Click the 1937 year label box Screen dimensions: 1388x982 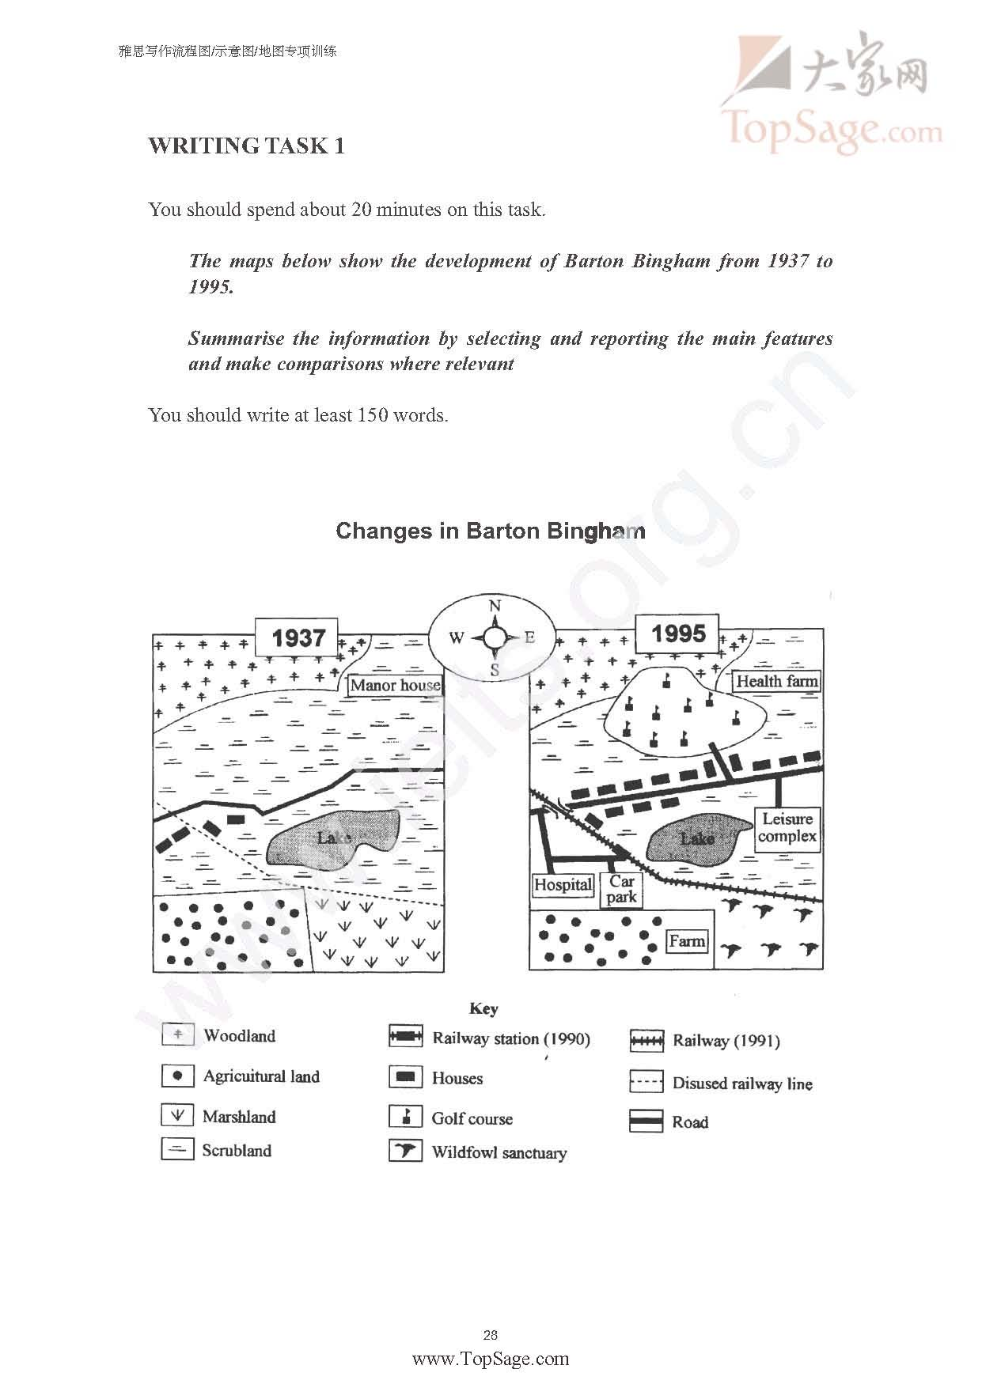click(297, 638)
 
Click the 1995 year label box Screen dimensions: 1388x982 click(679, 633)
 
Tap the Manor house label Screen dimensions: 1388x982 click(395, 685)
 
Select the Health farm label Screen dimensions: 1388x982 click(776, 681)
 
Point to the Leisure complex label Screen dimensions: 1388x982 click(787, 828)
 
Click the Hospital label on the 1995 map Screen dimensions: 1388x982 click(563, 884)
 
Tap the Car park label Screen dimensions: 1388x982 click(622, 889)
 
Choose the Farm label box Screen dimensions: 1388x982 click(686, 941)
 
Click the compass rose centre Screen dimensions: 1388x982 click(494, 637)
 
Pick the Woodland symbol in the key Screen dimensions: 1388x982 click(177, 1035)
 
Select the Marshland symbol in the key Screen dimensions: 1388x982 click(177, 1115)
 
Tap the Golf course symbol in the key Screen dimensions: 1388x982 click(405, 1117)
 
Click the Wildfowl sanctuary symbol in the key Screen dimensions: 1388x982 click(405, 1151)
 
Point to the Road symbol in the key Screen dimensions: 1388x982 click(646, 1121)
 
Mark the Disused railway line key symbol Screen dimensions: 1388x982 click(646, 1082)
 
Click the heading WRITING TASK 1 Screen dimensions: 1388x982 click(246, 146)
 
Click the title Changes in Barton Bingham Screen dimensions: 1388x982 click(491, 531)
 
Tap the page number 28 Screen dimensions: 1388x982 click(491, 1335)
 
